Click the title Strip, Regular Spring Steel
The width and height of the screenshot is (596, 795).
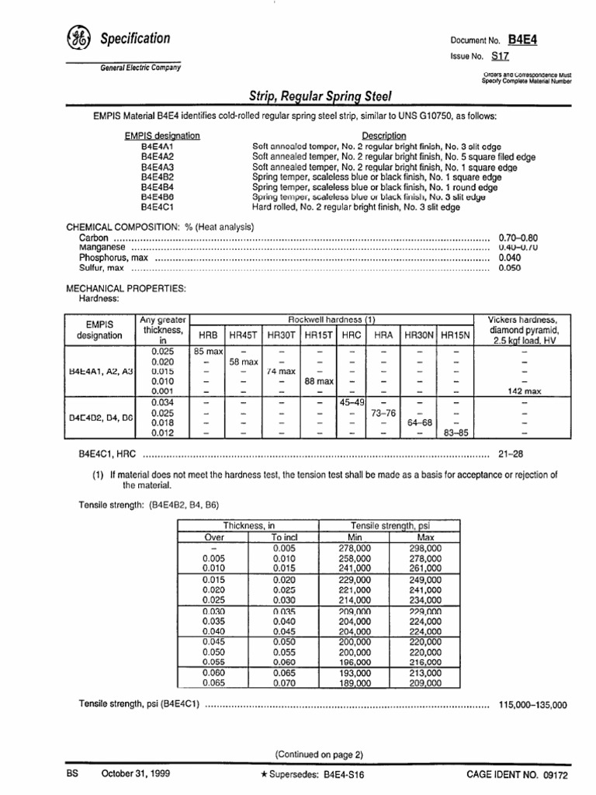320,96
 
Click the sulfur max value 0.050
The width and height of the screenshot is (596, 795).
510,268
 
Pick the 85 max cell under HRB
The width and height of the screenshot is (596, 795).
208,351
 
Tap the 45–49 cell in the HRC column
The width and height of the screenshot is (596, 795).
352,402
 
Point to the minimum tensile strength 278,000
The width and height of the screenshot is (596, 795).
355,547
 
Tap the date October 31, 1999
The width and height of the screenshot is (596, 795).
137,773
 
